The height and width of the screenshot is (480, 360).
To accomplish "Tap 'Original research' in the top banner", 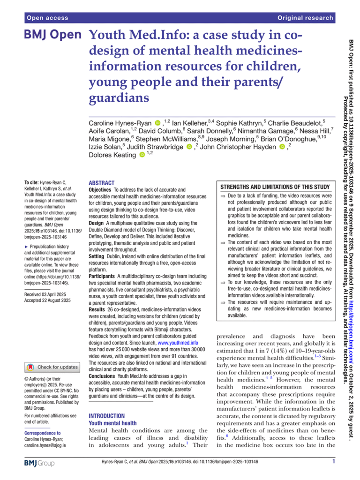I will click(x=305, y=18).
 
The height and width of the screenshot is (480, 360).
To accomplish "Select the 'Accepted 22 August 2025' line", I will click(x=48, y=300).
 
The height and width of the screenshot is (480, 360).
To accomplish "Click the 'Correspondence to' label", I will click(x=42, y=433).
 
